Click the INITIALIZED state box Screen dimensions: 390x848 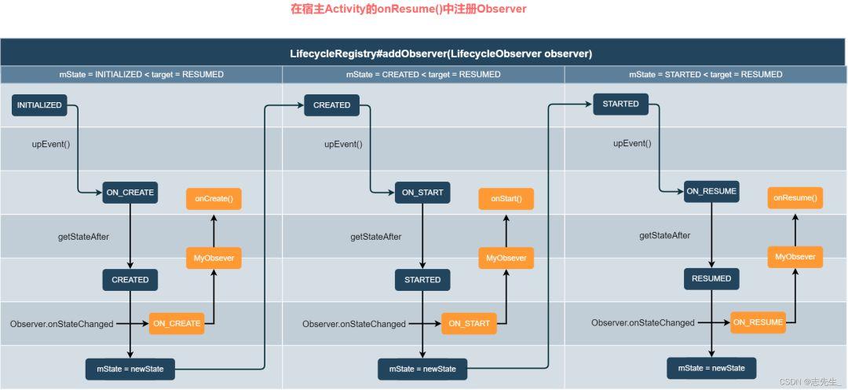[39, 105]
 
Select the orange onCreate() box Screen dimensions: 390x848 [214, 199]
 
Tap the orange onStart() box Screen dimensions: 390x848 [506, 200]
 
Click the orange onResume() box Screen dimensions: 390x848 [795, 198]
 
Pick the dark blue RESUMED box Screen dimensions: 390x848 [711, 278]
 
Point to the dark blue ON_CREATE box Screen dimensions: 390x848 [130, 193]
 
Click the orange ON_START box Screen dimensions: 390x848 [469, 323]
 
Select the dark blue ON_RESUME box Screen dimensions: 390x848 [711, 191]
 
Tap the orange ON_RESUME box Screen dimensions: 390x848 [758, 322]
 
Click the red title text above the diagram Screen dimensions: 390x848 [408, 9]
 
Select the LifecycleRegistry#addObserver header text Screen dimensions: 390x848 [440, 53]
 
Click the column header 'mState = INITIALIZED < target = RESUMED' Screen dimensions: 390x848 [141, 75]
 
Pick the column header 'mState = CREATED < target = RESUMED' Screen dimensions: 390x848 [423, 75]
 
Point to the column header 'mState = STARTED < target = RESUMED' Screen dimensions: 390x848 [705, 75]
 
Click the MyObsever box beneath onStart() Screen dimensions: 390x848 [506, 258]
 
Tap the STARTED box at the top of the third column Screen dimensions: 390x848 [620, 104]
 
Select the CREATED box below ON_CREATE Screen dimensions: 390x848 [130, 279]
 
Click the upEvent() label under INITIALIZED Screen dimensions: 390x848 [50, 144]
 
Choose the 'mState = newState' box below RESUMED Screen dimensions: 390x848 [711, 368]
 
